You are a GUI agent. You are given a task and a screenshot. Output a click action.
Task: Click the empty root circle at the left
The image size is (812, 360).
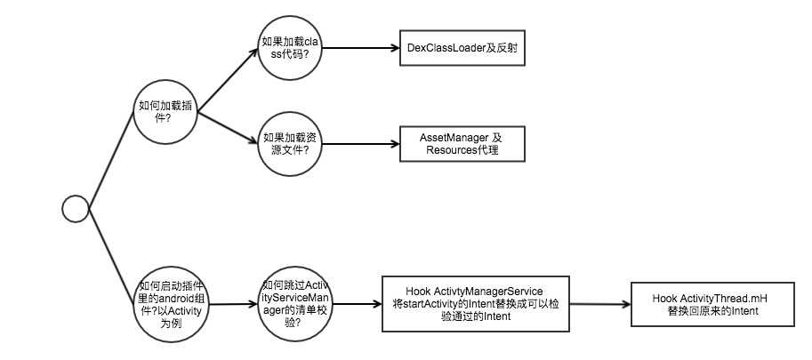[x=76, y=210]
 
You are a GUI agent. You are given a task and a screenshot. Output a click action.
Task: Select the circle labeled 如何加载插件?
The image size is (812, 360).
[x=165, y=112]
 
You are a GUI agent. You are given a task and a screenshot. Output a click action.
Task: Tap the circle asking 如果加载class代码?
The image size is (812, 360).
[x=290, y=47]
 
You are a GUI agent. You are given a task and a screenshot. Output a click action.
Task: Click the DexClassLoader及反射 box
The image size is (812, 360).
[x=462, y=48]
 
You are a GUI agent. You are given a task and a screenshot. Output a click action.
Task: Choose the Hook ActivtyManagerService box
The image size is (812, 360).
[x=475, y=304]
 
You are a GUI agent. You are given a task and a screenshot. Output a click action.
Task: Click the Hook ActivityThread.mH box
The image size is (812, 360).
[x=709, y=305]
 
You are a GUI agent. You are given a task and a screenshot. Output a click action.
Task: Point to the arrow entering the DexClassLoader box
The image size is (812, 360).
[x=360, y=48]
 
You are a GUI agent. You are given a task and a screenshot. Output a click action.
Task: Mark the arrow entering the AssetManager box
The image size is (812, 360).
[x=360, y=144]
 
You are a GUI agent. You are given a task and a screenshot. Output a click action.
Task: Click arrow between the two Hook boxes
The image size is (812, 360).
[x=599, y=304]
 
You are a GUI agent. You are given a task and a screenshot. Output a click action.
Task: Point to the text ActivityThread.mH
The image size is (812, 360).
[x=723, y=298]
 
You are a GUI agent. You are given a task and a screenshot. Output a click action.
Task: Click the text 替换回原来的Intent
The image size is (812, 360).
[x=709, y=311]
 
